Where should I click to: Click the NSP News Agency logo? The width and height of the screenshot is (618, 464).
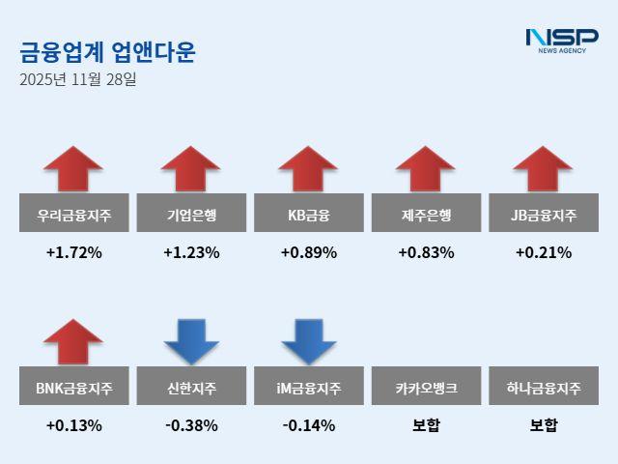(562, 41)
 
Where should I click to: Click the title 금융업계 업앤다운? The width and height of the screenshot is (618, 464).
(107, 51)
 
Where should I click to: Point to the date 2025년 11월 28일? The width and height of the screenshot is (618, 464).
(77, 79)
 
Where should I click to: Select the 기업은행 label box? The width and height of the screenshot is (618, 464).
(191, 215)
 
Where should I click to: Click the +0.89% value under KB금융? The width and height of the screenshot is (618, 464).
(308, 253)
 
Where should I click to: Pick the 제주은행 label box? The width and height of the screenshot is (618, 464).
(425, 215)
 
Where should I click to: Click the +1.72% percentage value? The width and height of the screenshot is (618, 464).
(73, 253)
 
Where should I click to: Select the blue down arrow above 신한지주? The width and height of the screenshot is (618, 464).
(191, 341)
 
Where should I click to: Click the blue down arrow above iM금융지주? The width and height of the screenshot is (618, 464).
(308, 341)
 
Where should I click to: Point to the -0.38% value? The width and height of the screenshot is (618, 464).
(191, 425)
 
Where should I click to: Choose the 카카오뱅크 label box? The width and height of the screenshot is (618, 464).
(425, 389)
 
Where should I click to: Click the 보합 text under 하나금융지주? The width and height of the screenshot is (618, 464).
(543, 425)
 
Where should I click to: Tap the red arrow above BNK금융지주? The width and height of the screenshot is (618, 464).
(73, 341)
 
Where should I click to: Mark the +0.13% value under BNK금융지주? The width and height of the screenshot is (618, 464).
(73, 425)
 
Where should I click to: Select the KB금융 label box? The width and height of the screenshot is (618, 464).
(308, 215)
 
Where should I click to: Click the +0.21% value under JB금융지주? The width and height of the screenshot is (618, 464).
(543, 253)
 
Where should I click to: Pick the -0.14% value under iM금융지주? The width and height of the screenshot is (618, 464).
(308, 425)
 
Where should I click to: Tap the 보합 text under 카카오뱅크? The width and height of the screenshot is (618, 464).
(425, 425)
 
